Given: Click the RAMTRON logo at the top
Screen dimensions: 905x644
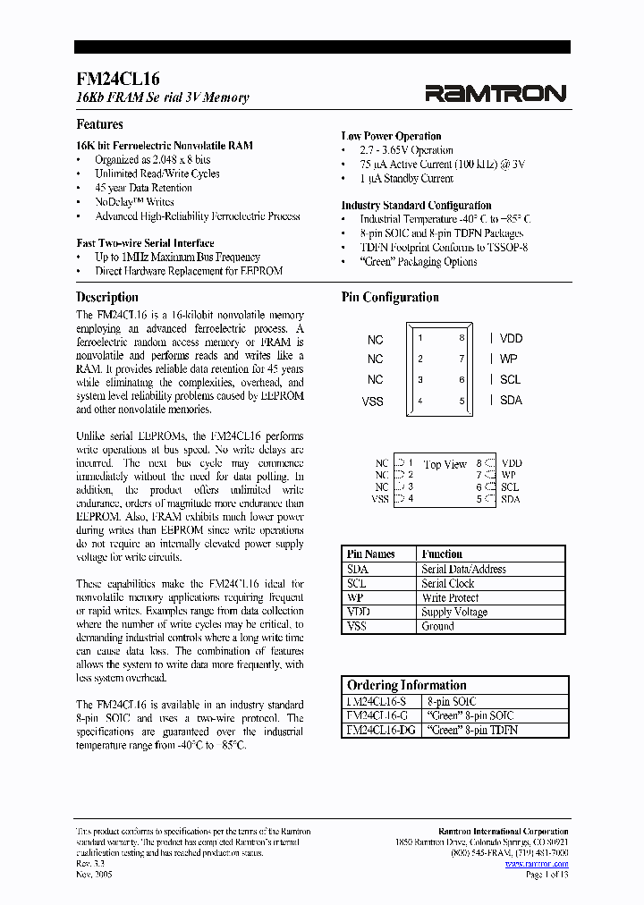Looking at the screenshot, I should click(495, 93).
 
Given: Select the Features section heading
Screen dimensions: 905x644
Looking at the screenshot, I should click(99, 124).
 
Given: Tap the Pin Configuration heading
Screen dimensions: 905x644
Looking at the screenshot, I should click(390, 297).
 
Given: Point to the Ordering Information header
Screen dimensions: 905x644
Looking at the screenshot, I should click(407, 685).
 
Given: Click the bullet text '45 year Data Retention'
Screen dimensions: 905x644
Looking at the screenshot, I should click(143, 188).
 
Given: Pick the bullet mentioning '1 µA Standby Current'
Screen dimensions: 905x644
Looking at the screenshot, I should click(406, 179).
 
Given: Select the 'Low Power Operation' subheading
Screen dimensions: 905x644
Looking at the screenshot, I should click(391, 136).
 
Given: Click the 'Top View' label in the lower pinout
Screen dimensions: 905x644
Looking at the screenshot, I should click(445, 465).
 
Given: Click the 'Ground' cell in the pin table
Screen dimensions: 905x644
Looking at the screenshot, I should click(437, 626).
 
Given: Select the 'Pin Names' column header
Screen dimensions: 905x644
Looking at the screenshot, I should click(370, 554).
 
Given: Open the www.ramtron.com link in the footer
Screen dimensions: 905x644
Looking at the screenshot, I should click(536, 864).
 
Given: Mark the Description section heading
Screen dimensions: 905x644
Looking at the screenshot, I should click(107, 297).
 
